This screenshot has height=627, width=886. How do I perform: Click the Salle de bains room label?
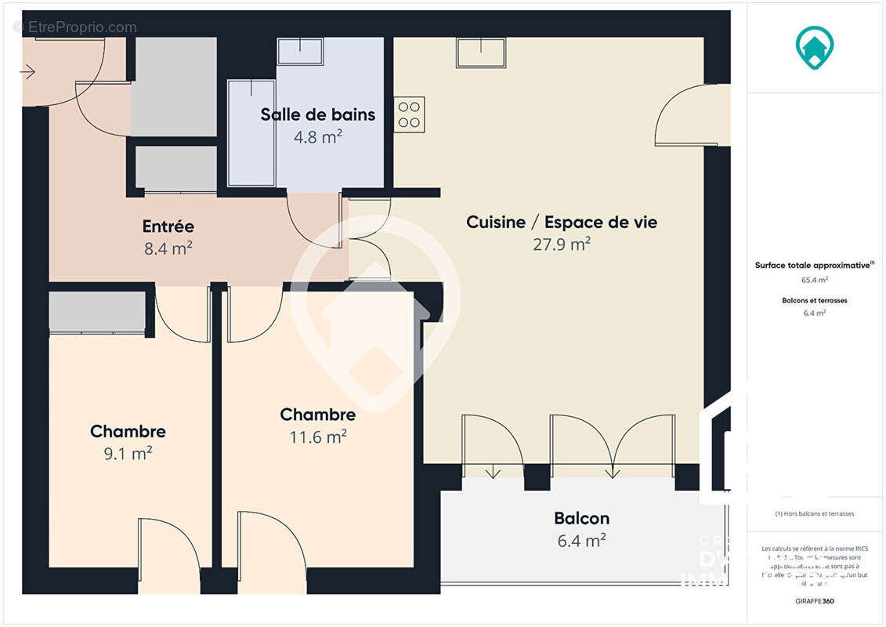(x=317, y=114)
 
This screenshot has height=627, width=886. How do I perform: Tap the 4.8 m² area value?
(x=317, y=137)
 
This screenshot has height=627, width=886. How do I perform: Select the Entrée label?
(x=168, y=227)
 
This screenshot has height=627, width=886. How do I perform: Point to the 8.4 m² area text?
(x=168, y=249)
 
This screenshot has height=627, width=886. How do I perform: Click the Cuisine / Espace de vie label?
(x=562, y=222)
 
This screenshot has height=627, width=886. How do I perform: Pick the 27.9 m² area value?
(x=562, y=245)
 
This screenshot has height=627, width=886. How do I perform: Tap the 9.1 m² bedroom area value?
(x=128, y=453)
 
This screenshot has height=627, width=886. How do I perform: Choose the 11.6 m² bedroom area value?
(x=317, y=437)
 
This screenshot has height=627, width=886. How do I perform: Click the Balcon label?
(x=581, y=518)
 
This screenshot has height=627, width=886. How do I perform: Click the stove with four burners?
(x=410, y=114)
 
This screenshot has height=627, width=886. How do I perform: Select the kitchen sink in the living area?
(x=481, y=53)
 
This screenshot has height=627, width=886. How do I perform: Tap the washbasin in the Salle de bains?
(x=300, y=51)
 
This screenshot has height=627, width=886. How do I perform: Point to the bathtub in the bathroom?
(x=251, y=132)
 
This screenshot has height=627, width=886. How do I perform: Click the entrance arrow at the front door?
(x=27, y=73)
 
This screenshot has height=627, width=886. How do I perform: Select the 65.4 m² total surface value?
(x=815, y=279)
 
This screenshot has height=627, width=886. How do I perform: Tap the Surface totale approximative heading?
(x=813, y=266)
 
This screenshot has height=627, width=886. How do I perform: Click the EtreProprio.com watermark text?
(x=75, y=27)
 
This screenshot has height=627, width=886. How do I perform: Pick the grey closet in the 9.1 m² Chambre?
(x=97, y=312)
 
